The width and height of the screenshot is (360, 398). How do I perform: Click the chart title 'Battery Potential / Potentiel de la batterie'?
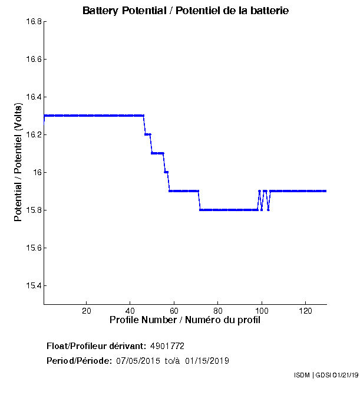(x=186, y=11)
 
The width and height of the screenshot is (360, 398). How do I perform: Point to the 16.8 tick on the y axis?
(x=33, y=22)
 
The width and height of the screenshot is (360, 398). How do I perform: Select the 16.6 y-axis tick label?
(x=33, y=60)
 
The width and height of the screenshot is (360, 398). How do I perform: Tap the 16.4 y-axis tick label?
(x=33, y=97)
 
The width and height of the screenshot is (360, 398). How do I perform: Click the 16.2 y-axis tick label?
(x=33, y=135)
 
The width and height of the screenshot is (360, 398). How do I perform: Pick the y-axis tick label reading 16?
(x=36, y=173)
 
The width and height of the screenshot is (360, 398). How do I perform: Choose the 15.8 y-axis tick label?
(x=33, y=210)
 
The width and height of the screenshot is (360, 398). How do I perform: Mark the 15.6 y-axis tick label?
(x=33, y=248)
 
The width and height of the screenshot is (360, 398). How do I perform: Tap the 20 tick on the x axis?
(x=87, y=311)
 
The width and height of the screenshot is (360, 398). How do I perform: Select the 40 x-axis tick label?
(x=130, y=311)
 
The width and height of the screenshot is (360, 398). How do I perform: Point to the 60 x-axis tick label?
(x=174, y=311)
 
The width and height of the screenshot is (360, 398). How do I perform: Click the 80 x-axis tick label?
(x=217, y=311)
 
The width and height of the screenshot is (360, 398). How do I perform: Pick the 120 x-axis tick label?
(x=305, y=311)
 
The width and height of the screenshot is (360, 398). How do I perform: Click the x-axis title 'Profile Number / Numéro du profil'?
(x=185, y=320)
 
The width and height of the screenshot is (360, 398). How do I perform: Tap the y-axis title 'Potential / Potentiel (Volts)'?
(x=19, y=162)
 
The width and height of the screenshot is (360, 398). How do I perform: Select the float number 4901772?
(x=171, y=346)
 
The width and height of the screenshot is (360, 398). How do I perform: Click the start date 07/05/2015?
(x=137, y=360)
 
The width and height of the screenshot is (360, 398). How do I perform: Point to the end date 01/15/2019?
(x=207, y=360)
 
